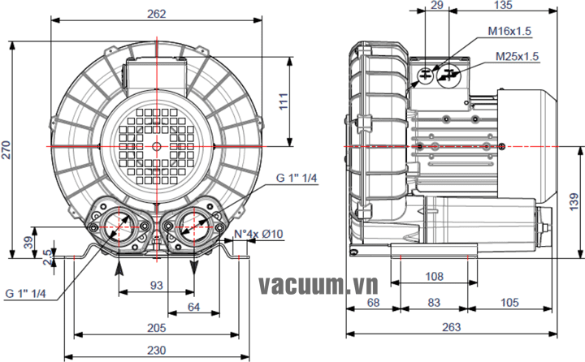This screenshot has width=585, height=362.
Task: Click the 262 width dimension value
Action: [x=157, y=14]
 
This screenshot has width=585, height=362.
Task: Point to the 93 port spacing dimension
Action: [x=157, y=285]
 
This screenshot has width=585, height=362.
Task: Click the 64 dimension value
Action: [x=193, y=306]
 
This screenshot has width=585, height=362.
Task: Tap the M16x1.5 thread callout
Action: [x=509, y=31]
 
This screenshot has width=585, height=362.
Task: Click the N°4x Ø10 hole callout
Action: [x=258, y=235]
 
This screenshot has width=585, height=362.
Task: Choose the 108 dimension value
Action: [x=435, y=276]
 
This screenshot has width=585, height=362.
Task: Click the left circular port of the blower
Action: [x=119, y=222]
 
